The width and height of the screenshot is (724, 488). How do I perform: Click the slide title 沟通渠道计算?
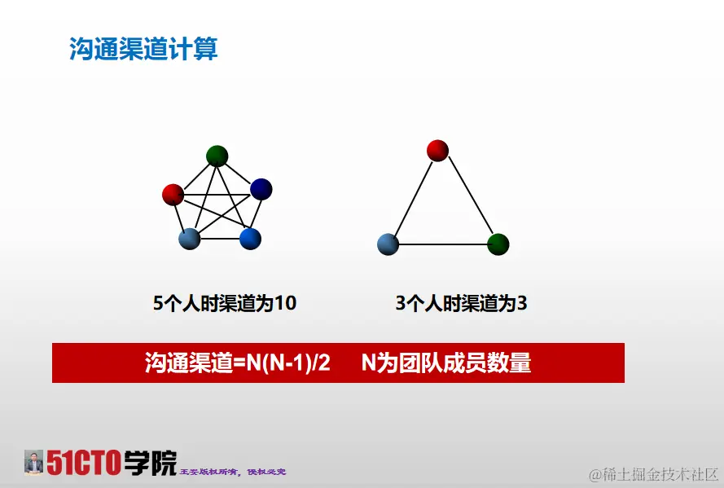click(143, 48)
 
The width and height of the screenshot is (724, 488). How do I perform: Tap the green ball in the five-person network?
click(217, 155)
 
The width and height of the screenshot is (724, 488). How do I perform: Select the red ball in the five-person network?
click(173, 194)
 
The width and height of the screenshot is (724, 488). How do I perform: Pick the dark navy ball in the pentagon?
click(261, 189)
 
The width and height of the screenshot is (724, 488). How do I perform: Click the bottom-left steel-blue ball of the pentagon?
click(189, 238)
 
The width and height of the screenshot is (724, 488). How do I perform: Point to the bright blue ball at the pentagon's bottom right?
click(250, 238)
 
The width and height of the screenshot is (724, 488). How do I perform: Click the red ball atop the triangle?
click(437, 150)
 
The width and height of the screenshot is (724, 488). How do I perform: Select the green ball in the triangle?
click(498, 244)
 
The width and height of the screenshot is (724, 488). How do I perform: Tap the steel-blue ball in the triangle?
click(388, 244)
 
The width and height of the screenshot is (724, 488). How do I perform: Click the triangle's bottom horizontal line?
click(442, 244)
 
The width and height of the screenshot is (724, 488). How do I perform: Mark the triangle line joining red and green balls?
click(469, 198)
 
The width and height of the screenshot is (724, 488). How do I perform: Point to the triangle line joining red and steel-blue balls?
click(411, 198)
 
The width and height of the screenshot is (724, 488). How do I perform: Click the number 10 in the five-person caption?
click(285, 304)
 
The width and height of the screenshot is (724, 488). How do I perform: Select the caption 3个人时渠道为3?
click(461, 304)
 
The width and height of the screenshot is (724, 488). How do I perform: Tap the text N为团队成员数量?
click(446, 363)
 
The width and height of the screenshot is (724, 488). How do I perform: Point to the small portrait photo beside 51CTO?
click(33, 462)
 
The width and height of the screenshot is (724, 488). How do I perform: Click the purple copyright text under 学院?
click(232, 472)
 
